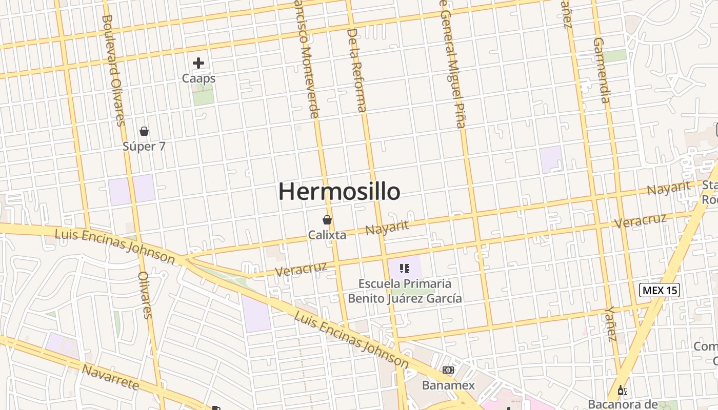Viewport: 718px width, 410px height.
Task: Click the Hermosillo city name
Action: pos(339,192)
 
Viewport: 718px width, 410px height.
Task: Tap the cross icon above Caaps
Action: pos(198,63)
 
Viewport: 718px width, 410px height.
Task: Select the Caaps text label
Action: pos(198,78)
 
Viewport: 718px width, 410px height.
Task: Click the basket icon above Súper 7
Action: pos(144,131)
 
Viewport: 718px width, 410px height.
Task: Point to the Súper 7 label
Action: pos(144,147)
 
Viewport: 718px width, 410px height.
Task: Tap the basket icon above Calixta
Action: pos(327,220)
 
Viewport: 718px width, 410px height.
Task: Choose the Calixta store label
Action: pos(327,235)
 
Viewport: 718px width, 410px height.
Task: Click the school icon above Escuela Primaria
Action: pos(405,268)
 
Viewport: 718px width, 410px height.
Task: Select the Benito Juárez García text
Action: pos(405,298)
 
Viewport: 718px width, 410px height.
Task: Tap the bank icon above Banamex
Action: pos(448,370)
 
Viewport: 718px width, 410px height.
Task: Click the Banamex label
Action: pos(448,385)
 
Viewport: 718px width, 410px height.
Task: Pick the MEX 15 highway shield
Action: pos(660,290)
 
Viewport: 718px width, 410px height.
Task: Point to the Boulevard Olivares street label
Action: pos(113,70)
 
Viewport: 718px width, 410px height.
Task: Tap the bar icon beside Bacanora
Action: pos(622,391)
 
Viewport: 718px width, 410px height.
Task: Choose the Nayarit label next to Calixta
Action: pos(387,227)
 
